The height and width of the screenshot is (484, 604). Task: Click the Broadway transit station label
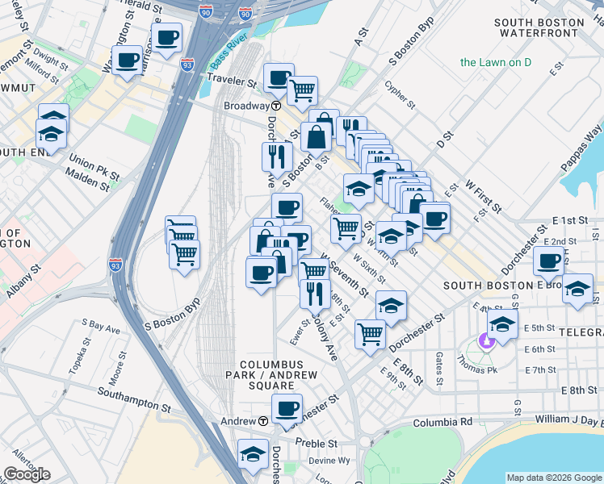tap(246, 106)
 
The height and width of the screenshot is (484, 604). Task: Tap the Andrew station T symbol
tap(263, 421)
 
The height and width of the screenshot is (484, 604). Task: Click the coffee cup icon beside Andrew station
tap(287, 408)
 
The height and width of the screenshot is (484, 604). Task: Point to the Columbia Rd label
tap(443, 422)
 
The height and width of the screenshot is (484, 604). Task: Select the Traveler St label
tap(231, 81)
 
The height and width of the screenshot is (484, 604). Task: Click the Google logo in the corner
tap(27, 474)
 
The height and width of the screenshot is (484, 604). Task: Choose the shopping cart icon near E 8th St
tap(370, 332)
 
